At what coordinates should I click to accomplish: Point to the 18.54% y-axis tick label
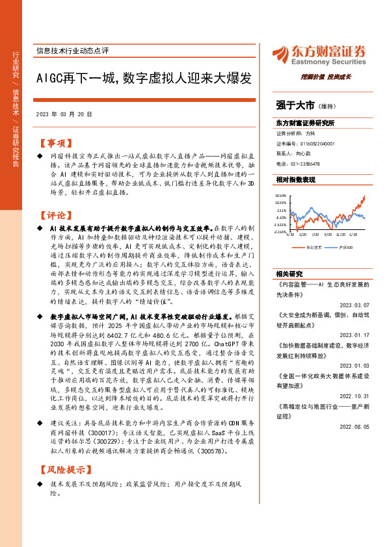point(281,195)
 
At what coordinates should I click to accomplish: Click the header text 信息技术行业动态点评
point(73,49)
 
